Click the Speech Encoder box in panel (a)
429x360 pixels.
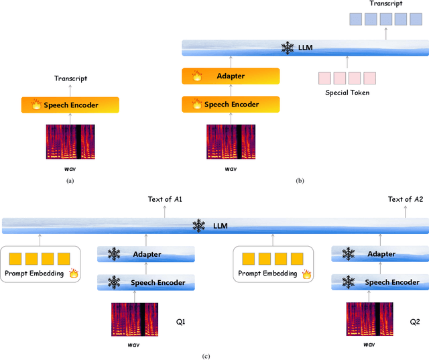point(70,105)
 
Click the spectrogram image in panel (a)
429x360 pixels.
point(70,143)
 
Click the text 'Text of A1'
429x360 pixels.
point(165,199)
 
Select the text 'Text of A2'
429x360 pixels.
point(406,199)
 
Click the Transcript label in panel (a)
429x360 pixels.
point(70,78)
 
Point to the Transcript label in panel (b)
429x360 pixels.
point(385,4)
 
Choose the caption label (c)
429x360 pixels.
point(214,355)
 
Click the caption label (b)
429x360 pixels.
point(300,180)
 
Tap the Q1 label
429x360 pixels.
point(180,322)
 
